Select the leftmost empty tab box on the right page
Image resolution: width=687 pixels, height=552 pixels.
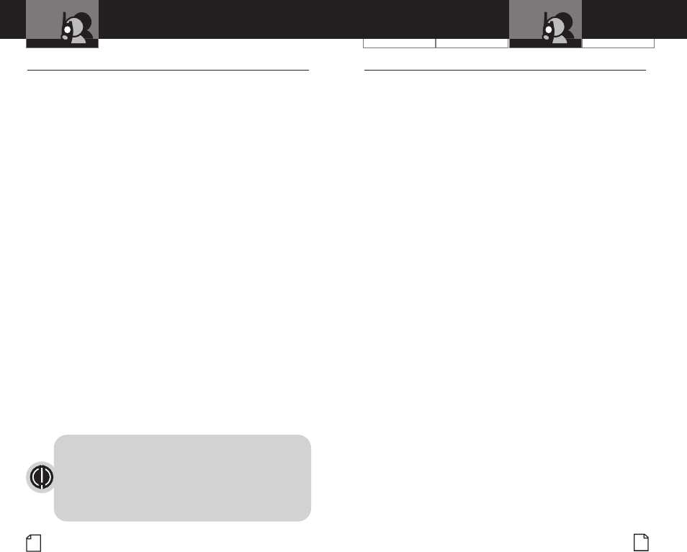pos(399,42)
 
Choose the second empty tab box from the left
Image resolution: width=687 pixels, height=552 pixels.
pos(472,42)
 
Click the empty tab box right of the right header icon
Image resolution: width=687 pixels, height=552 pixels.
pos(618,42)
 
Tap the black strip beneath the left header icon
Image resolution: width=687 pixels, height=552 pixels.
pos(62,43)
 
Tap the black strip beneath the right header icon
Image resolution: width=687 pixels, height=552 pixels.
pos(545,43)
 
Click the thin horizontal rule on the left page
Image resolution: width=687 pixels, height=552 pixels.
pos(168,71)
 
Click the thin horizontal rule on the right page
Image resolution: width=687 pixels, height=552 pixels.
pos(505,71)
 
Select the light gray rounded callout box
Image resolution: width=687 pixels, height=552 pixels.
pos(182,477)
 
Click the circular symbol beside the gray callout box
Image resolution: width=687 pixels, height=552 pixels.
pos(42,477)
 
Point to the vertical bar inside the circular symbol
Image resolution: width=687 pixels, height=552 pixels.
pos(42,477)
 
